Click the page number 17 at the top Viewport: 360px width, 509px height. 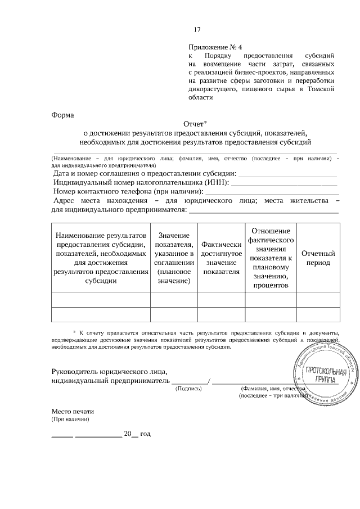[197, 30]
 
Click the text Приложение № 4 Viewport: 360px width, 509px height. [218, 48]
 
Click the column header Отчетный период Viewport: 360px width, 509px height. [318, 258]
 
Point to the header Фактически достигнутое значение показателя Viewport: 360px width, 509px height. [220, 258]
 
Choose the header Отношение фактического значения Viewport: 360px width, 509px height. [271, 258]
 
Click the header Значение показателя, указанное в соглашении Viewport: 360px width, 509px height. [174, 258]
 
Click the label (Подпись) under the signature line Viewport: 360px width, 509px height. [188, 389]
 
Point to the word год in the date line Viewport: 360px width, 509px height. [145, 434]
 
